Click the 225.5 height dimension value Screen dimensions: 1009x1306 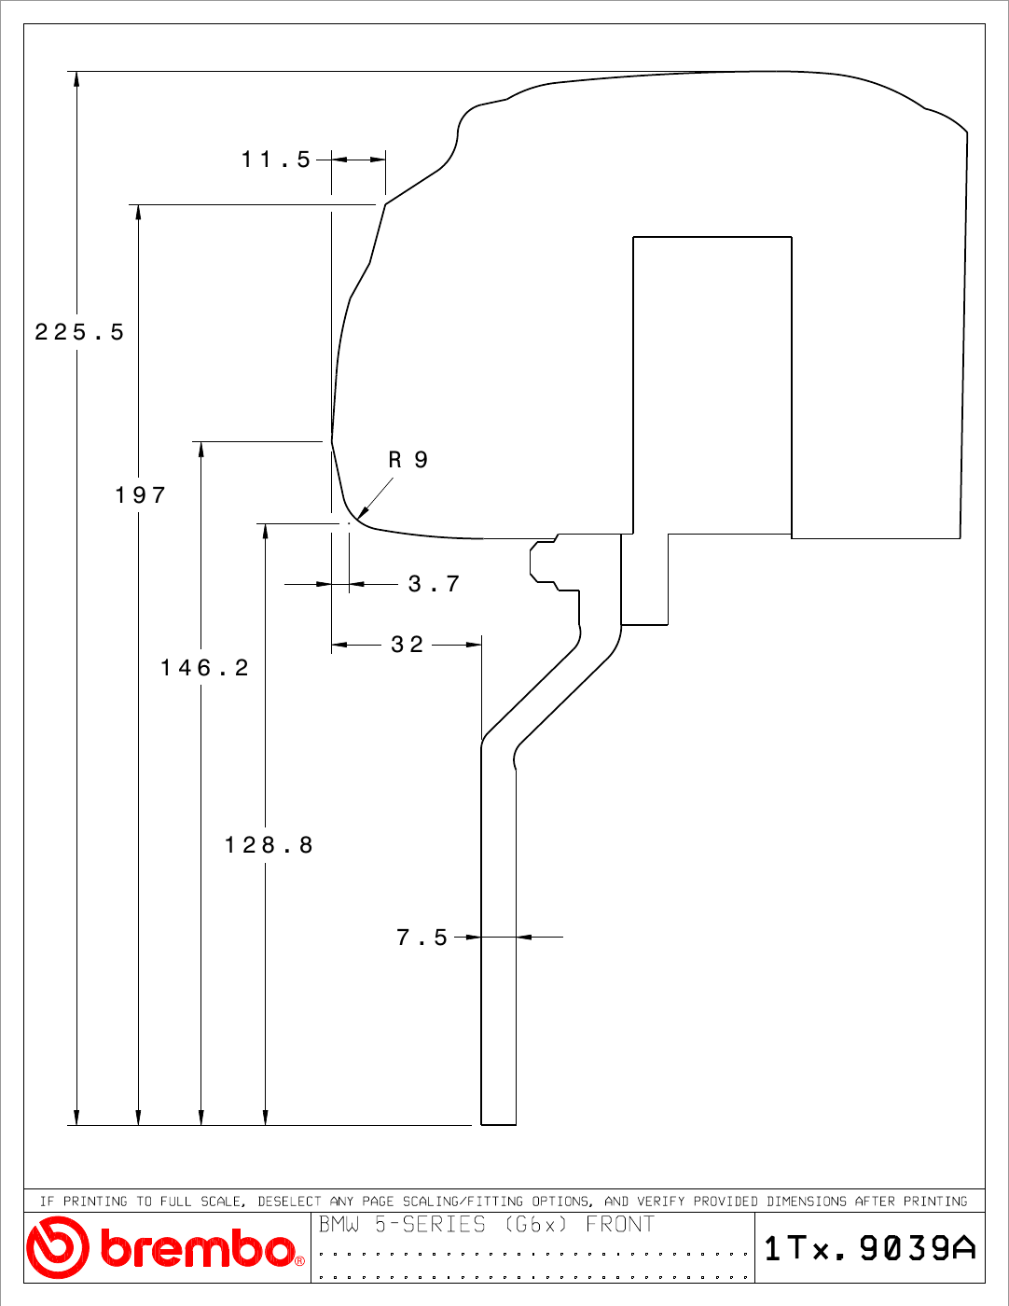click(x=79, y=332)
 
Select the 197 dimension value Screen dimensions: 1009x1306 click(x=140, y=495)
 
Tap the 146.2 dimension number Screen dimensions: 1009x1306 click(x=204, y=668)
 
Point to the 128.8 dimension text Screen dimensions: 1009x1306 click(x=269, y=845)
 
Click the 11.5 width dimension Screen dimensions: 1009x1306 click(x=276, y=160)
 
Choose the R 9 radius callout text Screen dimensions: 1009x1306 click(x=408, y=460)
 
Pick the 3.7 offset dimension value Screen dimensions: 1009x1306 click(x=434, y=584)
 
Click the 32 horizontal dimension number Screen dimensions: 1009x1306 click(x=408, y=645)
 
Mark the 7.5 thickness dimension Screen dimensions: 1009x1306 click(x=422, y=937)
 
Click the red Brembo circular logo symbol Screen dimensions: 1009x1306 click(x=58, y=1247)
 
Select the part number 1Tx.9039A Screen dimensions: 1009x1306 click(x=870, y=1248)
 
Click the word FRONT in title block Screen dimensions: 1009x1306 click(x=620, y=1224)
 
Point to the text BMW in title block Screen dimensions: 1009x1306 click(x=339, y=1224)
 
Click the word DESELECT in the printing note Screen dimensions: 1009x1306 click(x=289, y=1202)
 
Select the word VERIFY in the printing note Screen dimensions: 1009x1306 click(x=660, y=1202)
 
